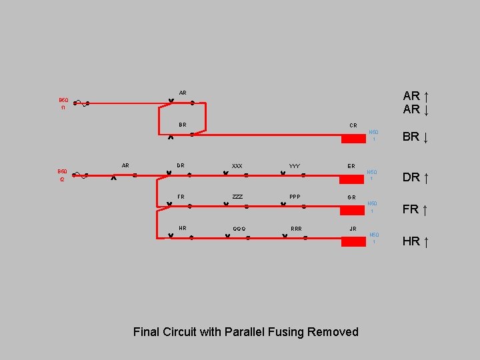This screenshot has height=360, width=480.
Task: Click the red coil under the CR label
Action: click(x=353, y=139)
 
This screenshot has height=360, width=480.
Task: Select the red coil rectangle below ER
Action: click(x=353, y=179)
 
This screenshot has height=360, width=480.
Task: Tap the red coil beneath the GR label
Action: click(x=353, y=211)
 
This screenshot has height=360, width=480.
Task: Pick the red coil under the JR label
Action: click(x=353, y=241)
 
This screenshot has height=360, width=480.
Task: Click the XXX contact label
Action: click(x=237, y=165)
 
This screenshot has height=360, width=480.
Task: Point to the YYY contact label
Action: click(x=294, y=165)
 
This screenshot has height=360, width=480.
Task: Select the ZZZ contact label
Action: click(x=237, y=197)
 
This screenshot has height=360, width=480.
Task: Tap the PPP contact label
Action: click(x=295, y=197)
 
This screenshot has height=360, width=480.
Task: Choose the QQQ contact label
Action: click(x=239, y=229)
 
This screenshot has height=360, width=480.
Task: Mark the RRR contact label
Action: click(x=296, y=229)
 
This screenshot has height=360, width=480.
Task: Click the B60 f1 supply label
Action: click(x=63, y=103)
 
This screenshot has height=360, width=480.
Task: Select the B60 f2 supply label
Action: click(x=63, y=175)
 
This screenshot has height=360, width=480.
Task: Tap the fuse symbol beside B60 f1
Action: click(x=81, y=103)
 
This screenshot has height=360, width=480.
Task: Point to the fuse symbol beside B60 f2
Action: click(x=81, y=175)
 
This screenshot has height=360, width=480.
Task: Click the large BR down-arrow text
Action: click(x=415, y=137)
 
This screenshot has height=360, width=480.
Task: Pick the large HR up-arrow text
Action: click(x=415, y=241)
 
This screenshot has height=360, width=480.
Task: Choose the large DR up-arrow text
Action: click(x=415, y=177)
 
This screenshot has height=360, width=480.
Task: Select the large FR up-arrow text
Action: click(x=415, y=209)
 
